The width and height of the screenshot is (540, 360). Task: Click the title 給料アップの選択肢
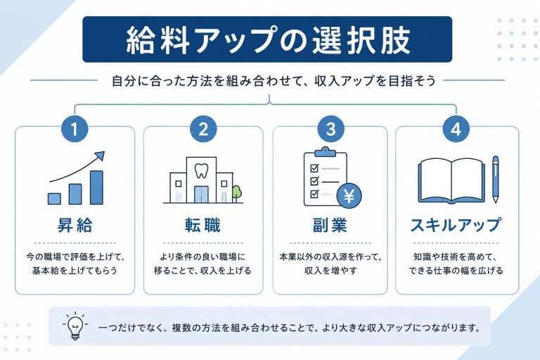click(268, 40)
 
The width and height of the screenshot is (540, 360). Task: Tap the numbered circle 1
click(75, 129)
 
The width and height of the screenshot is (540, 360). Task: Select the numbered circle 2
click(203, 129)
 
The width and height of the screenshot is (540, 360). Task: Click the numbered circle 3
click(330, 129)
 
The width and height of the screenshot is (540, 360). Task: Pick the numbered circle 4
click(456, 129)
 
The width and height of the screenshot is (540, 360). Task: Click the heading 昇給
click(75, 226)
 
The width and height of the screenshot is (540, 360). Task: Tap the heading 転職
click(202, 226)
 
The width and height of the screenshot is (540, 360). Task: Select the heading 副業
click(330, 226)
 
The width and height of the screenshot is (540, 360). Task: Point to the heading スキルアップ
click(456, 226)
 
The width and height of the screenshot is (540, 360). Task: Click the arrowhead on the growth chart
click(100, 155)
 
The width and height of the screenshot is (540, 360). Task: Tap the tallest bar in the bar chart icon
click(96, 188)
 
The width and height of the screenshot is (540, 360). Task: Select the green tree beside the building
click(236, 193)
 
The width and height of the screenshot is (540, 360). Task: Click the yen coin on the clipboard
click(349, 196)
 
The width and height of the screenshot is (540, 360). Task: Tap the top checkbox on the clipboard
click(314, 168)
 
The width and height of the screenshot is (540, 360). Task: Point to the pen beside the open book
click(496, 179)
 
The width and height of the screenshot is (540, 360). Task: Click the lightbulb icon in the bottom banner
click(75, 326)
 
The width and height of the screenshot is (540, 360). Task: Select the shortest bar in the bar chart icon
click(54, 199)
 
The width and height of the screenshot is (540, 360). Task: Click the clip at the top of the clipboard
click(325, 152)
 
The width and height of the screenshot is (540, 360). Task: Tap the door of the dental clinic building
click(201, 195)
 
